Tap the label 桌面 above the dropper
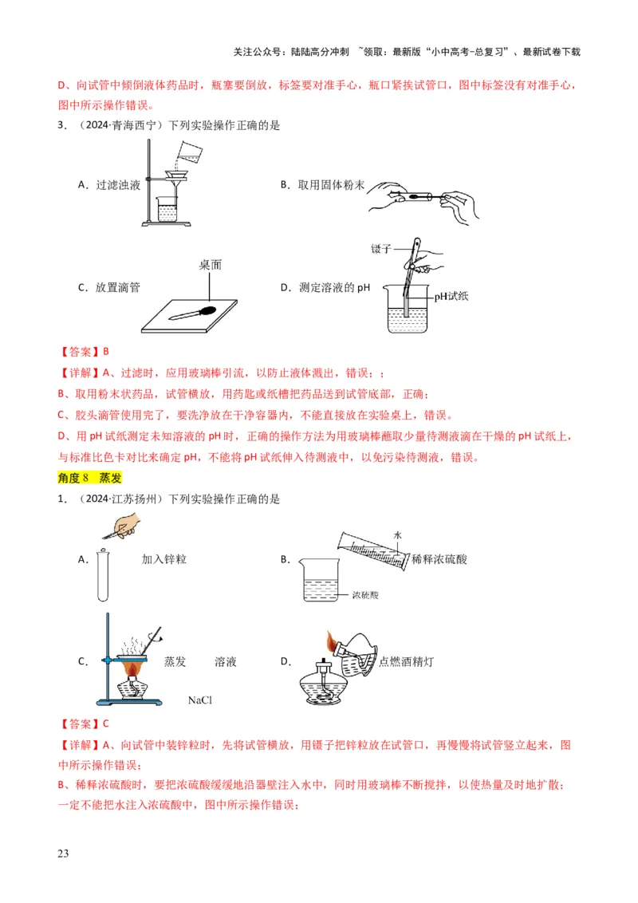210,267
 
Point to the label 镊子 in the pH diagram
383,249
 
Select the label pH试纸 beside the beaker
451,296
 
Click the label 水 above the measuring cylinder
396,534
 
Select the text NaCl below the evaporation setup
203,700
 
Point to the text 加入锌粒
164,559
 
